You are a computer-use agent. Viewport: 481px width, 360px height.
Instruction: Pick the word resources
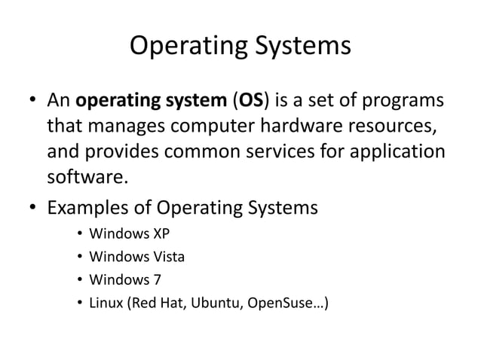[393, 127]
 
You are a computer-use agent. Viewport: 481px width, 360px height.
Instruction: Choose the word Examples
[89, 207]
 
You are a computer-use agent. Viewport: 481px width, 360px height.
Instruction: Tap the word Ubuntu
[214, 304]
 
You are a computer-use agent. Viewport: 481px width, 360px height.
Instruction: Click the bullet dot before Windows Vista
[79, 258]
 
